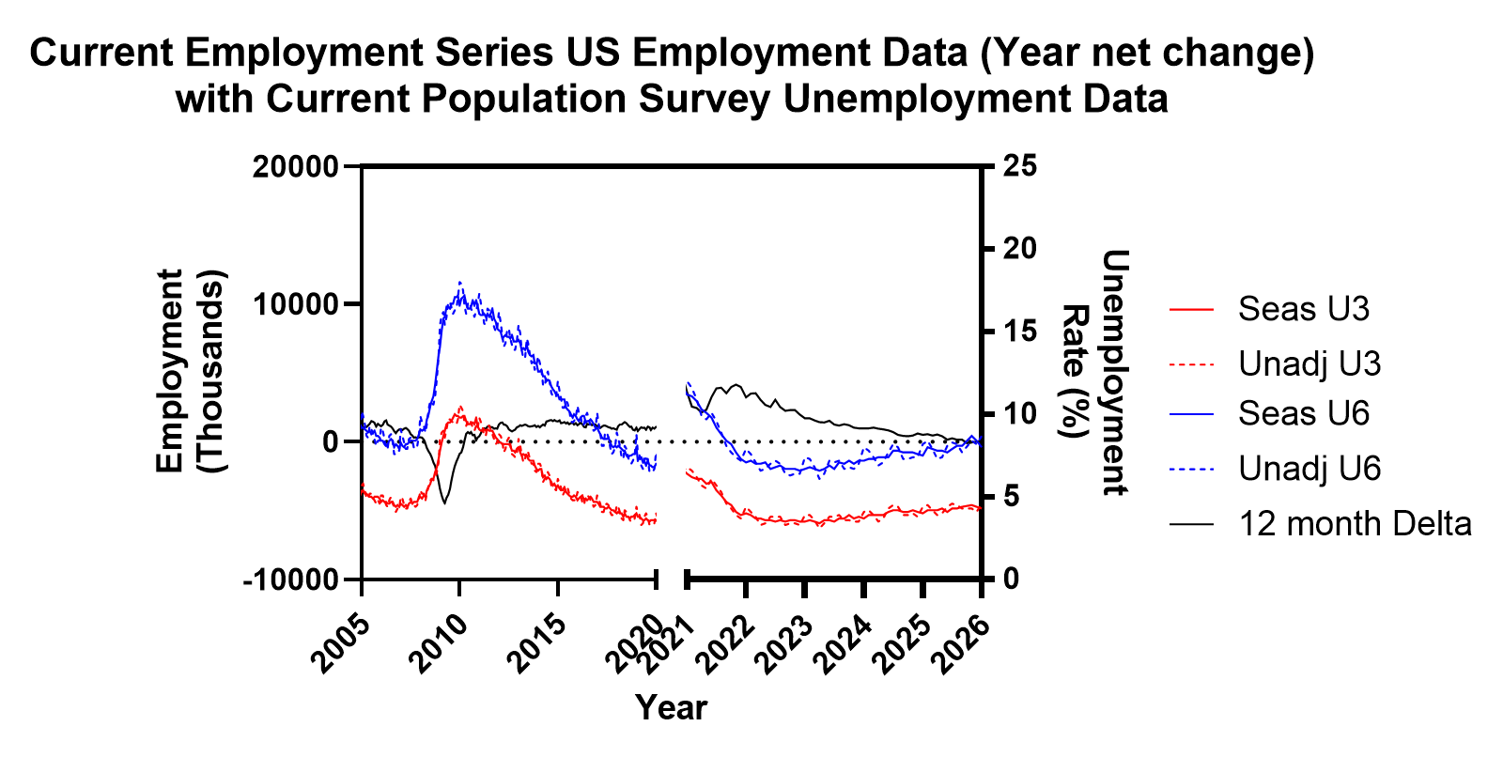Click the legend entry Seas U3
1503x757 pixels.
1303,309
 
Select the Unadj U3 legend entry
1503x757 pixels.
1309,363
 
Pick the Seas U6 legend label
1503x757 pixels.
1303,413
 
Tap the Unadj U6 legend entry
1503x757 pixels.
1309,468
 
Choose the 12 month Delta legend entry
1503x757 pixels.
1354,523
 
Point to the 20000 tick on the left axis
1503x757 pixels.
295,166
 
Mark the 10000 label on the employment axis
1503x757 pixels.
295,304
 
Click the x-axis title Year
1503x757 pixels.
671,707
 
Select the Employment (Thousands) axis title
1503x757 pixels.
191,371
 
